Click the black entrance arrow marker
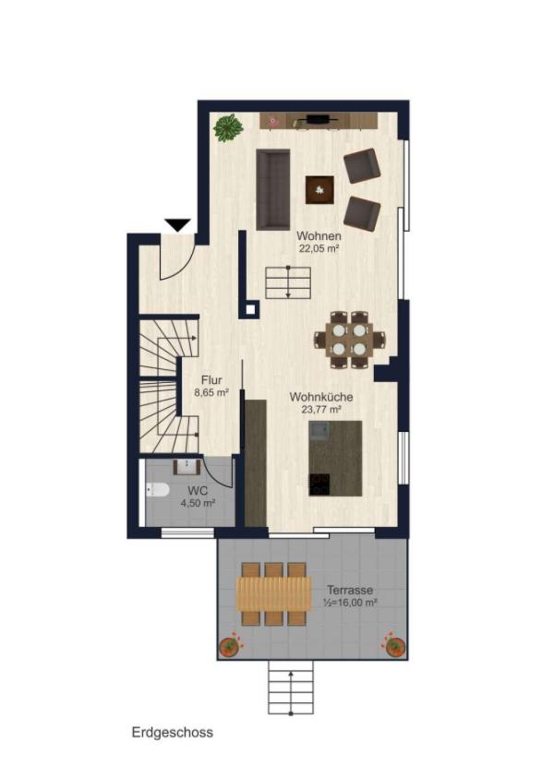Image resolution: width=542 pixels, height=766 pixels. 177,225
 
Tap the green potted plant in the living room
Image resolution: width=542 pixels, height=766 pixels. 228,128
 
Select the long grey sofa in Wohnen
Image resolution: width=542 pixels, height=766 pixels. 272,189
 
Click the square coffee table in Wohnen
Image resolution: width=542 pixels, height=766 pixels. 320,189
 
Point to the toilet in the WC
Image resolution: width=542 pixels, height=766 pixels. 157,489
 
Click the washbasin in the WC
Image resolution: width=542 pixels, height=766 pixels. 187,467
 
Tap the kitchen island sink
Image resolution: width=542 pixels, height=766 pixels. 319,432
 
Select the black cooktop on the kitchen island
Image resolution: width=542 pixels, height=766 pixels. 319,485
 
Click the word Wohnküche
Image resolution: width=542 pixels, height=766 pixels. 321,397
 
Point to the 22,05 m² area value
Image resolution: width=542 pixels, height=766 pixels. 319,248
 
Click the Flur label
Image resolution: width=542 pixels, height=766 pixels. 211,379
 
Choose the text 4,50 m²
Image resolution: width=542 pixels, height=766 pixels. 199,503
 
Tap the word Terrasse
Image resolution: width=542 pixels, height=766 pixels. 350,590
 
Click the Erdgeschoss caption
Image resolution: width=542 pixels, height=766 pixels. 173,733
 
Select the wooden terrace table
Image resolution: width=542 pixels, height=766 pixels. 273,593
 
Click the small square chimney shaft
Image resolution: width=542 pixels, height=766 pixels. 250,309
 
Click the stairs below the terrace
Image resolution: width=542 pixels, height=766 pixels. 291,688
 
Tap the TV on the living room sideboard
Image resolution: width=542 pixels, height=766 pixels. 319,118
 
